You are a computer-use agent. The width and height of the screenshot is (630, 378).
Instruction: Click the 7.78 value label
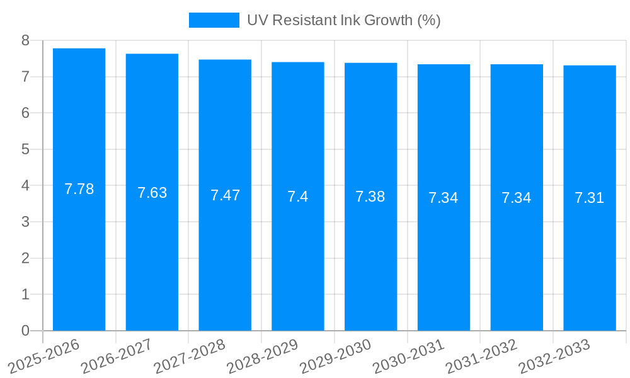pyautogui.click(x=79, y=189)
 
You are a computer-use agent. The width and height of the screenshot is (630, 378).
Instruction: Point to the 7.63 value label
pyautogui.click(x=152, y=193)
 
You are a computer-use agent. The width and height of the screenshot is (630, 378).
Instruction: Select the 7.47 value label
pyautogui.click(x=225, y=195)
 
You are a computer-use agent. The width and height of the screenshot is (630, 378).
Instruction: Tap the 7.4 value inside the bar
pyautogui.click(x=297, y=197)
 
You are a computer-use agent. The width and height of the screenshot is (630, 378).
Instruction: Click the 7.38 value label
pyautogui.click(x=370, y=197)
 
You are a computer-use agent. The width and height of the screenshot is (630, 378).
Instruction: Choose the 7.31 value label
pyautogui.click(x=589, y=198)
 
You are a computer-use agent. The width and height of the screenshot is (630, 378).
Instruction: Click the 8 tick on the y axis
pyautogui.click(x=25, y=41)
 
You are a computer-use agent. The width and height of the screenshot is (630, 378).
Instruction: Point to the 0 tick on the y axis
pyautogui.click(x=25, y=331)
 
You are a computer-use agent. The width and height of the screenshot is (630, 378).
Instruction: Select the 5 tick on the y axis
pyautogui.click(x=25, y=149)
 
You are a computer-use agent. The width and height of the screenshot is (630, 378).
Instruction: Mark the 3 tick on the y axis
pyautogui.click(x=25, y=222)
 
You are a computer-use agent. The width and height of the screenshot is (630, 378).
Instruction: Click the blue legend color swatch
pyautogui.click(x=214, y=20)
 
